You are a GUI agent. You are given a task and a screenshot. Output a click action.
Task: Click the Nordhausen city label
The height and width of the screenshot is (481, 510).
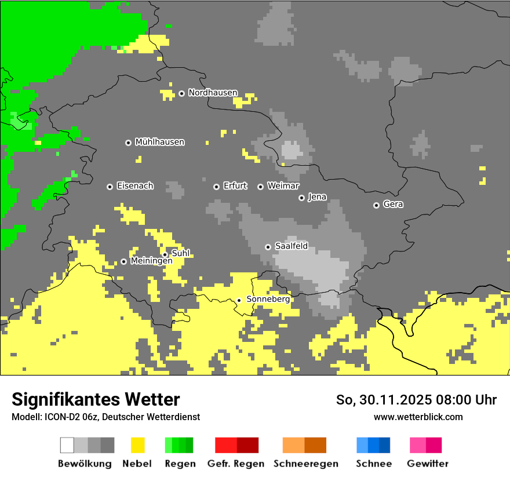(213, 93)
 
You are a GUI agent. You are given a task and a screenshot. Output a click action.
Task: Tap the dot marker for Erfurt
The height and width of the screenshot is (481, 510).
(216, 187)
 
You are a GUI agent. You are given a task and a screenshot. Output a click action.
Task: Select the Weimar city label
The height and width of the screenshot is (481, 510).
(283, 186)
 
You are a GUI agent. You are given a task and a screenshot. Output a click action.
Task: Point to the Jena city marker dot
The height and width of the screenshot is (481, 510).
(301, 198)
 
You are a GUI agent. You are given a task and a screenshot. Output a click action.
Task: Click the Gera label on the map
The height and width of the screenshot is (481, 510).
(393, 205)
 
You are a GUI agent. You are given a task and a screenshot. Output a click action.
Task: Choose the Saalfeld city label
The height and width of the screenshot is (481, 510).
(291, 246)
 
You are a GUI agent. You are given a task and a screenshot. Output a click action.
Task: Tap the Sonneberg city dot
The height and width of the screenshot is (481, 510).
(239, 300)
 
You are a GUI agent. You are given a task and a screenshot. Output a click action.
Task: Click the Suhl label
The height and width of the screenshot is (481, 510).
(180, 253)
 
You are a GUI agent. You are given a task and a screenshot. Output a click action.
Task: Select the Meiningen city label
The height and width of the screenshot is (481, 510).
(151, 261)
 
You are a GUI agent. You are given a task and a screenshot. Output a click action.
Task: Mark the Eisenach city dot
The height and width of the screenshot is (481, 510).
(110, 187)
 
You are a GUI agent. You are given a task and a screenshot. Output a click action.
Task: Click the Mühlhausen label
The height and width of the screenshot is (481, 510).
(159, 142)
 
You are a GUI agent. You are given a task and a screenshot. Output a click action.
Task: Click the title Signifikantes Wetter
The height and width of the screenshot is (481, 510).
(96, 399)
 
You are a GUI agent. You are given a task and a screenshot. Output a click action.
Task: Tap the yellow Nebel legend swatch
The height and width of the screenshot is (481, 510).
(137, 445)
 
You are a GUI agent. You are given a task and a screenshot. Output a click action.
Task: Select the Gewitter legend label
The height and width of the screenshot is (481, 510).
(428, 464)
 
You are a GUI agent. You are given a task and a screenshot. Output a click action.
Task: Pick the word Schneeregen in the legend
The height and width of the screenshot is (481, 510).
(306, 464)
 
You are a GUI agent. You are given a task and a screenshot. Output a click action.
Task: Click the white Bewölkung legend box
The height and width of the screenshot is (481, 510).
(67, 445)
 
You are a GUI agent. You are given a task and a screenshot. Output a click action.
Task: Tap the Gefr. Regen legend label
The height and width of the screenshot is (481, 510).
(236, 464)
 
